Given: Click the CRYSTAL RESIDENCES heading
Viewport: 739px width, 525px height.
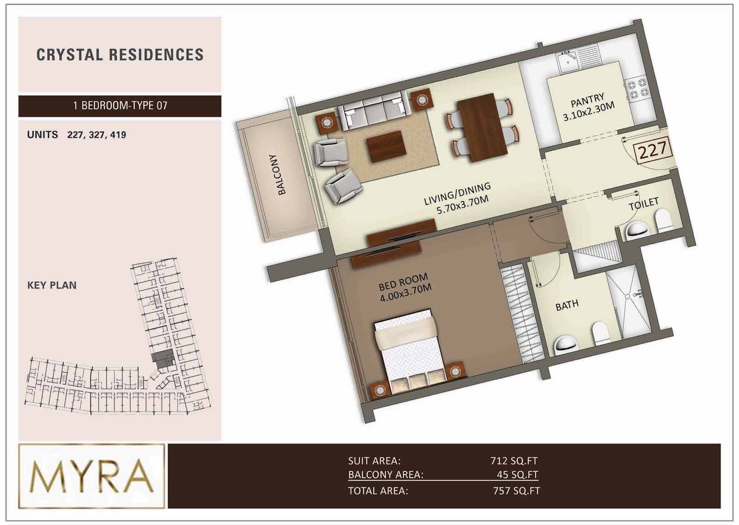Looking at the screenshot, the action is click(x=120, y=55).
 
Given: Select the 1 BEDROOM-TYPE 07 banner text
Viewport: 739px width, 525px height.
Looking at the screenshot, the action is click(x=120, y=106).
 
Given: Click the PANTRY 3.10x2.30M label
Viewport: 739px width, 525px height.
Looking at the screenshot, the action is click(x=588, y=107).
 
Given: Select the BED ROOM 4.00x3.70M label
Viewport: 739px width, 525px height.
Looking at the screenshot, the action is click(x=405, y=287).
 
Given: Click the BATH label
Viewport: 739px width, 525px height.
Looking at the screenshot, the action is click(x=567, y=305).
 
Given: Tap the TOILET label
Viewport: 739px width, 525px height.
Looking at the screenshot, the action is click(x=643, y=204).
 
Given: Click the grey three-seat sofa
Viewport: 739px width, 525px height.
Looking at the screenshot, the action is click(x=375, y=110).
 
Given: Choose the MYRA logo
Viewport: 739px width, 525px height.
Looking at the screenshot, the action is click(x=91, y=476).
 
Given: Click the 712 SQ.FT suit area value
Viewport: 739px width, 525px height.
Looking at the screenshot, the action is click(x=514, y=460).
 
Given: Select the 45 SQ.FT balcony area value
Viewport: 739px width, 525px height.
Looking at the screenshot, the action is click(x=517, y=475).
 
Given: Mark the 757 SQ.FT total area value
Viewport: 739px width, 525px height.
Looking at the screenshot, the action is click(x=517, y=491).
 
